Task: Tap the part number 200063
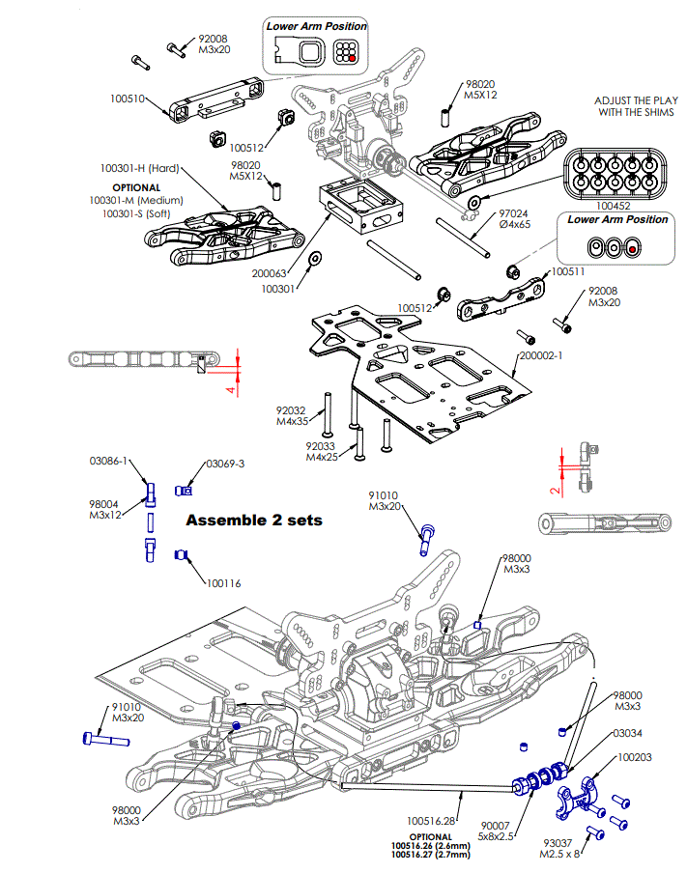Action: tap(270, 274)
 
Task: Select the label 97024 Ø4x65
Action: tap(515, 218)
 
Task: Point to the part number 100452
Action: tap(615, 206)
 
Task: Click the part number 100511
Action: tap(568, 273)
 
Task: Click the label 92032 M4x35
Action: tap(292, 416)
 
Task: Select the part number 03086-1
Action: tap(109, 462)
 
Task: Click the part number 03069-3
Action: tap(225, 464)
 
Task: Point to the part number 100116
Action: tap(222, 584)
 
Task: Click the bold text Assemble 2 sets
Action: tap(253, 521)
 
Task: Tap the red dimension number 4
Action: tap(230, 389)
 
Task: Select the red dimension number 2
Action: tap(554, 490)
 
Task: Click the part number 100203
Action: tap(635, 758)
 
